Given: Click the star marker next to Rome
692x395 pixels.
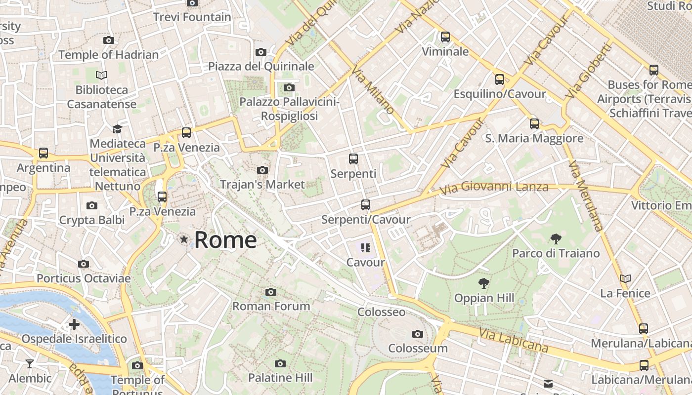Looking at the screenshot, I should point(184,239).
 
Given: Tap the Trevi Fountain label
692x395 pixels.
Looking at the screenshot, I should point(192,17).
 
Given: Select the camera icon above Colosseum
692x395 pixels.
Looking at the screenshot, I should point(418,334).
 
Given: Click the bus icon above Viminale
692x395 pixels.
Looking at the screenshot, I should point(445,37).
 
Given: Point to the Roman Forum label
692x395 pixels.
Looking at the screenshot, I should point(271,306).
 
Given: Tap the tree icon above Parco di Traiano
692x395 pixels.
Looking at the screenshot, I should point(556,239).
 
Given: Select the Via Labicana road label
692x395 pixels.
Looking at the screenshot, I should point(514,341).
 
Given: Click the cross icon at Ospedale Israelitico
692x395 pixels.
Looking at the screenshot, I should point(74,324).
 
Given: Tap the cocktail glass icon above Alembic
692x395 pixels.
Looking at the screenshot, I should point(30,364).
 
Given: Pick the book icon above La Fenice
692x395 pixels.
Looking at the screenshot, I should point(625,279).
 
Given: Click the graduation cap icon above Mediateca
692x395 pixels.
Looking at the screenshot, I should point(117,129).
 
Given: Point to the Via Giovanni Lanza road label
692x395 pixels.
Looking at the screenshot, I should point(494,188).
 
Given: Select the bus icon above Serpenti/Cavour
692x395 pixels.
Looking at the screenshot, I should point(366,205).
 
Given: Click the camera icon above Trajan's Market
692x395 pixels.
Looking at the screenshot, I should point(262,170).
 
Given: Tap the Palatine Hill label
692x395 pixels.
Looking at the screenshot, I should point(280,378).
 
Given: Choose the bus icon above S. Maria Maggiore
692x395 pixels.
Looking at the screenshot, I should point(534,124).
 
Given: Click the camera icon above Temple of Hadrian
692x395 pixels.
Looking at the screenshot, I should point(109,40).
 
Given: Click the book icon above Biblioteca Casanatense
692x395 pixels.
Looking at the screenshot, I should point(101,76).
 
